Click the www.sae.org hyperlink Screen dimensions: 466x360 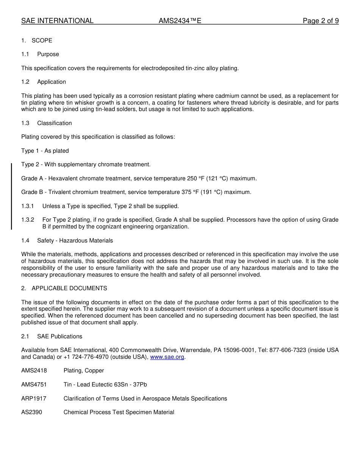pyautogui.click(x=167, y=357)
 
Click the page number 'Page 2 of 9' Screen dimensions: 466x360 pyautogui.click(x=321, y=21)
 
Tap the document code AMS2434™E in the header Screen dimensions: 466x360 pyautogui.click(x=180, y=21)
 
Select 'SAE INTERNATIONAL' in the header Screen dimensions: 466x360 pyautogui.click(x=57, y=21)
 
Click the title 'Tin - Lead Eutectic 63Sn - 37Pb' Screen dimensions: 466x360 pyautogui.click(x=105, y=385)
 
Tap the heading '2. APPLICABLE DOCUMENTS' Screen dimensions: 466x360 pyautogui.click(x=64, y=288)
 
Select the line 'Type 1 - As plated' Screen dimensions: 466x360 pyautogui.click(x=45, y=151)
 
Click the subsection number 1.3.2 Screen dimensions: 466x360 pyautogui.click(x=28, y=220)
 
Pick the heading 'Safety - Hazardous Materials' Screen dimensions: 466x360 pyautogui.click(x=75, y=241)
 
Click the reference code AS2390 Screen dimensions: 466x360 pyautogui.click(x=31, y=412)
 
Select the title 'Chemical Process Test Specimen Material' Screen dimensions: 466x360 pyautogui.click(x=119, y=412)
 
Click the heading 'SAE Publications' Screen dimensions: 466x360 pyautogui.click(x=59, y=336)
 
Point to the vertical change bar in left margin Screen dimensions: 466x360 pyautogui.click(x=11, y=196)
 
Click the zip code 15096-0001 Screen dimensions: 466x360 pyautogui.click(x=239, y=350)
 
